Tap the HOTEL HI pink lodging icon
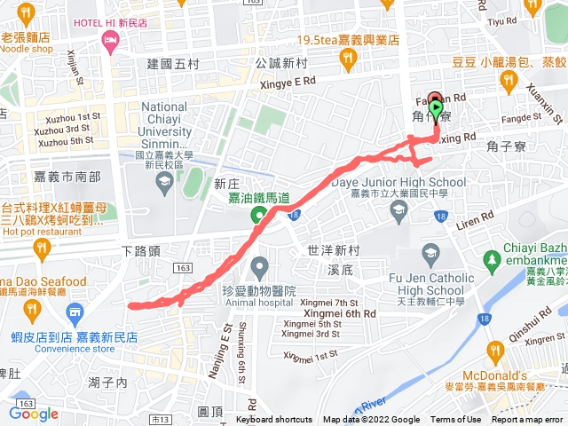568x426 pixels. click(110, 40)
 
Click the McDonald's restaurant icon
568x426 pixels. click(494, 350)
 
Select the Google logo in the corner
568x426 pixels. click(34, 413)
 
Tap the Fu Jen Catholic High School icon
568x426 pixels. click(430, 255)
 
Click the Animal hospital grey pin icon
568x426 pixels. click(259, 265)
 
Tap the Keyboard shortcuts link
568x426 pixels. click(275, 420)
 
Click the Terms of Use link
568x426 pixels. click(456, 420)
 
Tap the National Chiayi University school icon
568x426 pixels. click(163, 181)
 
